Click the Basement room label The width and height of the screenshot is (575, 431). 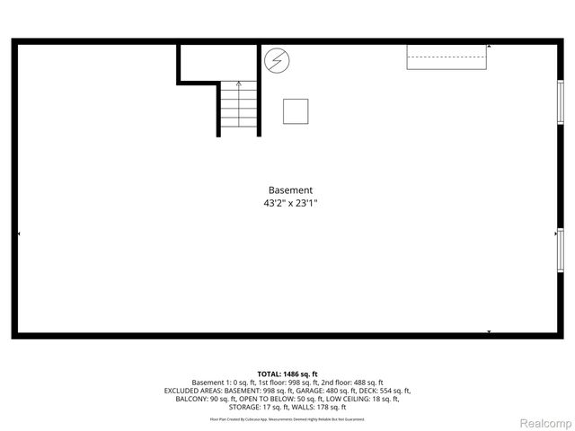[290, 190]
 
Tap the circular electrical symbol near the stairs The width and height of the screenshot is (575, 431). [278, 61]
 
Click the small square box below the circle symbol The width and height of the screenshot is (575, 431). [296, 110]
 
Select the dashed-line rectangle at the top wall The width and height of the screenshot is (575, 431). [447, 56]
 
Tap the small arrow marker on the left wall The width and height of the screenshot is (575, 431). [18, 233]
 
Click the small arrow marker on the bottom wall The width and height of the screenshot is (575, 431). [489, 332]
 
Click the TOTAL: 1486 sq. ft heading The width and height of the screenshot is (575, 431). [287, 374]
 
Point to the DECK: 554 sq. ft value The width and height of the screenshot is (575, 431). [385, 391]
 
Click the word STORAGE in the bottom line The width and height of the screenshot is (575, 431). [244, 407]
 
